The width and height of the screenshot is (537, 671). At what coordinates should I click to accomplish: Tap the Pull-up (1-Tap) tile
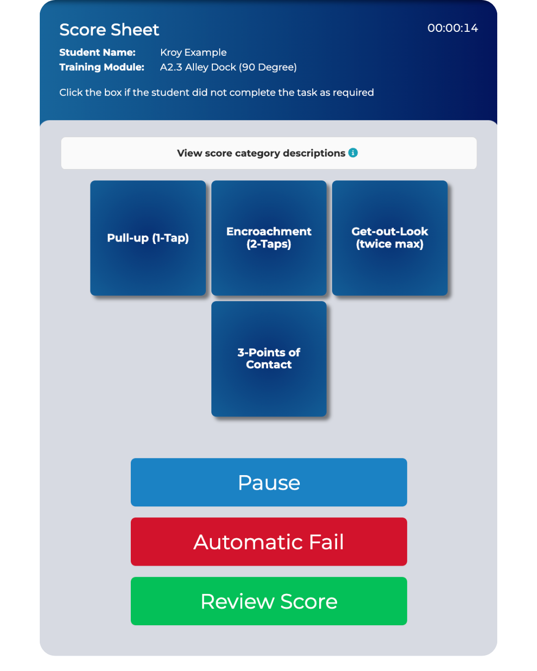(x=148, y=238)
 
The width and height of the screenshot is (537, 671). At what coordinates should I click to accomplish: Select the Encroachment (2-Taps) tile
(x=268, y=238)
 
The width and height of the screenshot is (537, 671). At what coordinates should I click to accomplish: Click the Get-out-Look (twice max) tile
(x=390, y=238)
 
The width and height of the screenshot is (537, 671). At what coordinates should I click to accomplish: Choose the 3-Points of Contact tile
(x=268, y=359)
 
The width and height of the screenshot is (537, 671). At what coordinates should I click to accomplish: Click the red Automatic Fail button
(x=268, y=542)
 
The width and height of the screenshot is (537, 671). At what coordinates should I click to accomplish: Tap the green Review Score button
(x=268, y=601)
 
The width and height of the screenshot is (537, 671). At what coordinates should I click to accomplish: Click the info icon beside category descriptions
(x=353, y=153)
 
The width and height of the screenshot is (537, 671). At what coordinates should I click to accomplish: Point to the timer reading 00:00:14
(x=452, y=28)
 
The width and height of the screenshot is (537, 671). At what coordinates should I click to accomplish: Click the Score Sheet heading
(x=109, y=30)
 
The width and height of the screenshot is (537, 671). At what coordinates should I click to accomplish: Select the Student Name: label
(x=97, y=52)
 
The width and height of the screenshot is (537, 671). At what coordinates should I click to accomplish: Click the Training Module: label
(x=102, y=67)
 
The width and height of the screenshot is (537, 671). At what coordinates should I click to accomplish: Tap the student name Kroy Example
(x=193, y=52)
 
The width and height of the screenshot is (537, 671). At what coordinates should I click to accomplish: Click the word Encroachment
(x=268, y=232)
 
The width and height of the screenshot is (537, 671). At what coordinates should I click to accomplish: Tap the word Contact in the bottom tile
(x=268, y=365)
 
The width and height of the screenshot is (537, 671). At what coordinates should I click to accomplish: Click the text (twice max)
(x=390, y=244)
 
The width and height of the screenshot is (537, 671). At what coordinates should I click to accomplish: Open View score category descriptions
(x=261, y=153)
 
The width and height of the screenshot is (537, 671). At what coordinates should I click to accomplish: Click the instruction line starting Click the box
(x=216, y=92)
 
